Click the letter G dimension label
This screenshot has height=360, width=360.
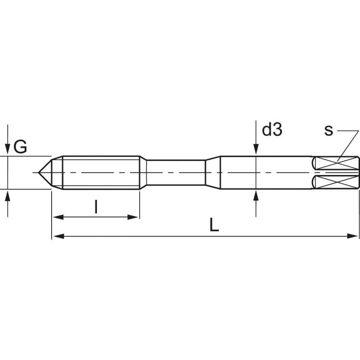[x=20, y=146]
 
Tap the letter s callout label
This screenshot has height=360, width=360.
[x=328, y=130]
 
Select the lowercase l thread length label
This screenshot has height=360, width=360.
[x=96, y=207]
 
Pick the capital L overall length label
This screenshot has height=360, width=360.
[x=214, y=225]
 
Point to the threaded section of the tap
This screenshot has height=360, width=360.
[x=101, y=172]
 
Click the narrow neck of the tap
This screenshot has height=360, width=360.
[x=176, y=172]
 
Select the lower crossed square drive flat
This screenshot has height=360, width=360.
[x=335, y=182]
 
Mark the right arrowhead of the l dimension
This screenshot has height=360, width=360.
[x=134, y=217]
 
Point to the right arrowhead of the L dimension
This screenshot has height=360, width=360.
[x=354, y=236]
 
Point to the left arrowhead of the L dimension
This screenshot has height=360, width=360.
[x=57, y=236]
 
